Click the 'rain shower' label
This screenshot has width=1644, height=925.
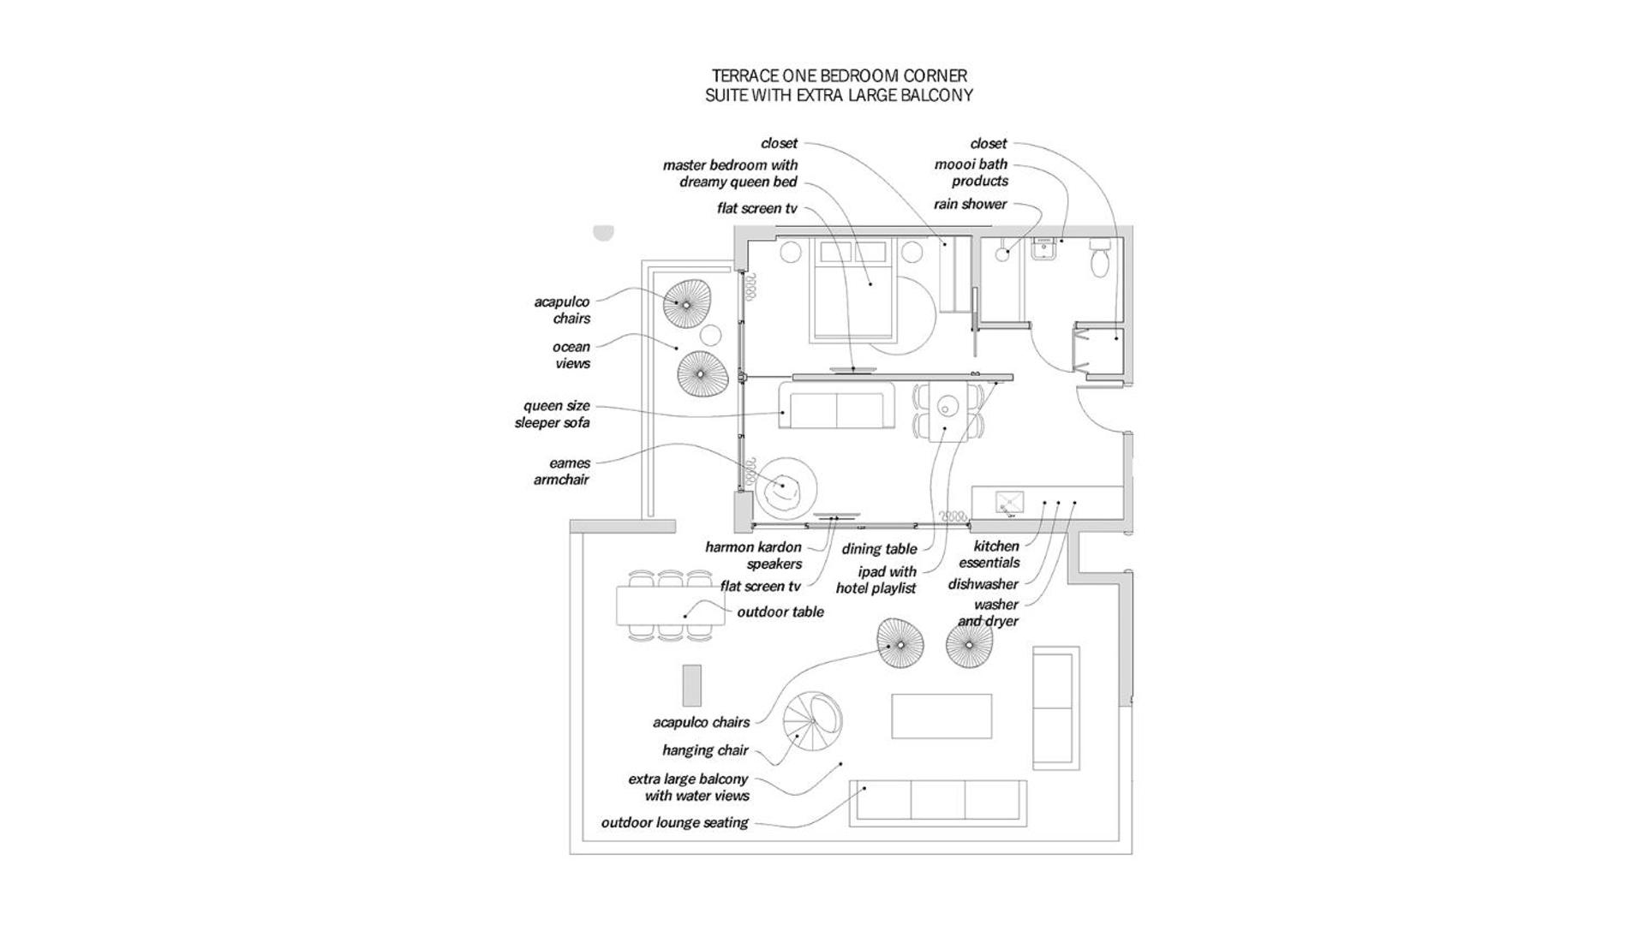(970, 204)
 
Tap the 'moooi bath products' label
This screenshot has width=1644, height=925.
(971, 172)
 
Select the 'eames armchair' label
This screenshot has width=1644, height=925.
(562, 471)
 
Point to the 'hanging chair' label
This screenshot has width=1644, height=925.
(705, 750)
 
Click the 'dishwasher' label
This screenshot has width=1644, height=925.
(983, 584)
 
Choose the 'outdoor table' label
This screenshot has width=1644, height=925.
(780, 612)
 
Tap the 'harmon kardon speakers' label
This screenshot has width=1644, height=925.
(754, 555)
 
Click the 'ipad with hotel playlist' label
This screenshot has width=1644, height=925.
(876, 580)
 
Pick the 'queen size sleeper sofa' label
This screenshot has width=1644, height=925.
(553, 414)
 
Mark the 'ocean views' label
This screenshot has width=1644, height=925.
(571, 355)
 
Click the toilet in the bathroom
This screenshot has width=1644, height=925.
(1100, 259)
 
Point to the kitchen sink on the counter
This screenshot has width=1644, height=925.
(1009, 503)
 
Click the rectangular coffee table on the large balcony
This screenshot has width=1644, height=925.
(942, 716)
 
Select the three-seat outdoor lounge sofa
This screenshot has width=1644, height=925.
(937, 803)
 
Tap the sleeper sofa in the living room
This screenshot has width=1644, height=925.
(837, 406)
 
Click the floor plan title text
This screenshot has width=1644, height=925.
(839, 86)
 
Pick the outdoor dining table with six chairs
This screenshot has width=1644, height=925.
(670, 606)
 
